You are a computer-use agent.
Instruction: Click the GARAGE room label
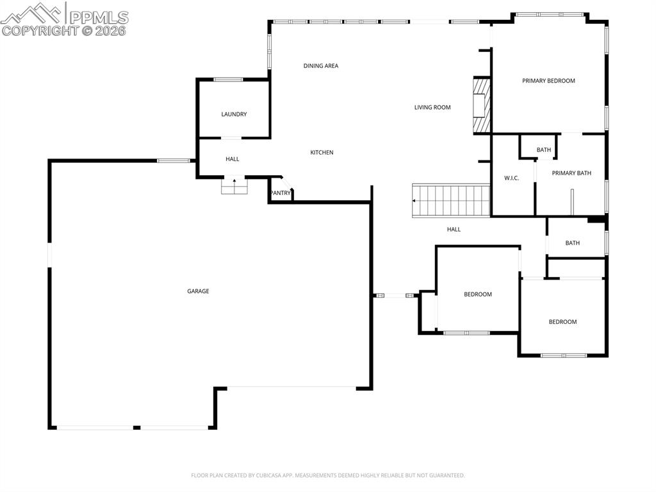pyautogui.click(x=198, y=291)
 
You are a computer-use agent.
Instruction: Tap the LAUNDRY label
pyautogui.click(x=234, y=114)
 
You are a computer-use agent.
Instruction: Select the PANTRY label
pyautogui.click(x=280, y=193)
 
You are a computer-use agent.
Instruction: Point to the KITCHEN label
pyautogui.click(x=322, y=153)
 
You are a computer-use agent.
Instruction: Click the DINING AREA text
pyautogui.click(x=320, y=66)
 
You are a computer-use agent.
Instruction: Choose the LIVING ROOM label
pyautogui.click(x=432, y=108)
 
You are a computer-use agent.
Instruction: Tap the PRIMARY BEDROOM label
pyautogui.click(x=548, y=81)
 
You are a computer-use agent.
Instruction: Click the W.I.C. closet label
pyautogui.click(x=511, y=178)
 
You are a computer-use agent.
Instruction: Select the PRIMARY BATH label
pyautogui.click(x=571, y=173)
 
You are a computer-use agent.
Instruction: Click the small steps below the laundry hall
pyautogui.click(x=234, y=186)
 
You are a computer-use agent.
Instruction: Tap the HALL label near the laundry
pyautogui.click(x=232, y=159)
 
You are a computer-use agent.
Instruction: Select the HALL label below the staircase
pyautogui.click(x=454, y=230)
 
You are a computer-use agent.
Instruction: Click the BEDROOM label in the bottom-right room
pyautogui.click(x=562, y=322)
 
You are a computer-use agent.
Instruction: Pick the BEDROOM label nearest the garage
pyautogui.click(x=478, y=294)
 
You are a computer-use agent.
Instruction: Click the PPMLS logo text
pyautogui.click(x=99, y=17)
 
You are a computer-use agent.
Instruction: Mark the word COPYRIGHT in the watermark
pyautogui.click(x=40, y=31)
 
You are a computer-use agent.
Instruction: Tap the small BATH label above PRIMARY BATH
pyautogui.click(x=543, y=150)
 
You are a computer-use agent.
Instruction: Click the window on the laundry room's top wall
pyautogui.click(x=228, y=80)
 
